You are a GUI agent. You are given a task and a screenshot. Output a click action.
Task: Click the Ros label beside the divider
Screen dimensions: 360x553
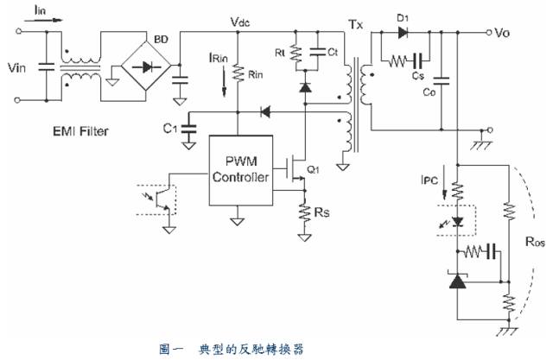pos(534,243)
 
